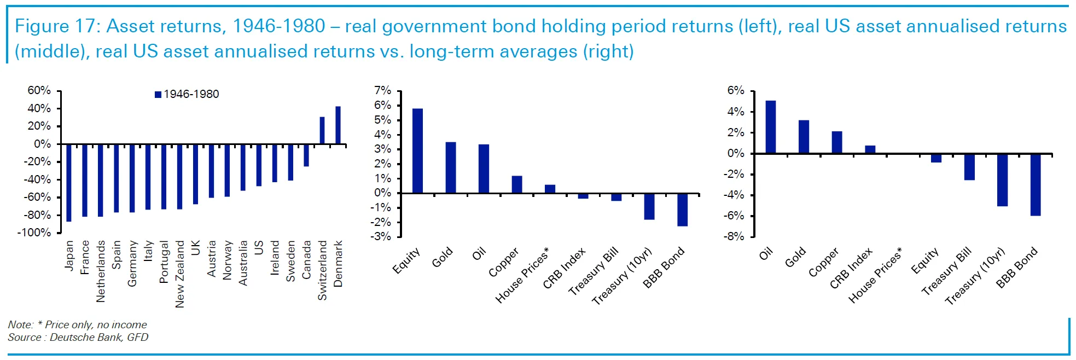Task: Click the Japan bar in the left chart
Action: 69,183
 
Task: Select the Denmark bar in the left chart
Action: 338,125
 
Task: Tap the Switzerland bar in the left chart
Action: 322,131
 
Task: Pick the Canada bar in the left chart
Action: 306,155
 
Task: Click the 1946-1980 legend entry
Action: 187,94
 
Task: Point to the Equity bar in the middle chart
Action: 417,151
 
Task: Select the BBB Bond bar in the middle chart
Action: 682,210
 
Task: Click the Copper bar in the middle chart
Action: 517,184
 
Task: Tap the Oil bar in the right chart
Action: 771,127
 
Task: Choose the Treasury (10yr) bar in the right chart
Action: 1002,180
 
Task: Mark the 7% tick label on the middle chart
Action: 383,90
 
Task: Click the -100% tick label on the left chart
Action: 34,233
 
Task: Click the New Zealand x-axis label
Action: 179,274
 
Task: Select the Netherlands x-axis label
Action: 101,271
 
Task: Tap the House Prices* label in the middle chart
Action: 522,275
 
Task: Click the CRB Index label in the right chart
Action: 851,268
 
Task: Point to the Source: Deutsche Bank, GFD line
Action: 78,337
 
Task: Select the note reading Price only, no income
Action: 96,324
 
